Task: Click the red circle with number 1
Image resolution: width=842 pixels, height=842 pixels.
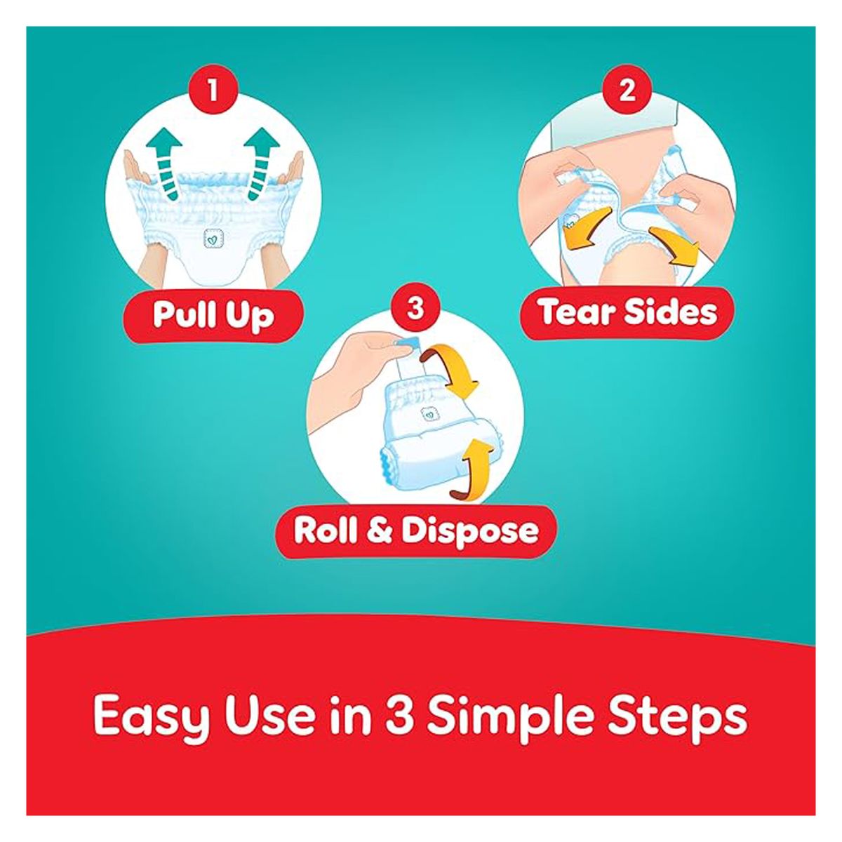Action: (213, 92)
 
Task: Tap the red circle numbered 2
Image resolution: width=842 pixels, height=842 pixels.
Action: (627, 92)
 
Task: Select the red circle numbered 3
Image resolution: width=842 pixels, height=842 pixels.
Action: (415, 308)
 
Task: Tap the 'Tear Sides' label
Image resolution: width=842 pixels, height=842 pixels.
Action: (628, 312)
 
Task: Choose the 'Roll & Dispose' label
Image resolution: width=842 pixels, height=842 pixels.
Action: (416, 531)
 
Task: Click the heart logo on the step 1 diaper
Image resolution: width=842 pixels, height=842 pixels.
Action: (213, 239)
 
